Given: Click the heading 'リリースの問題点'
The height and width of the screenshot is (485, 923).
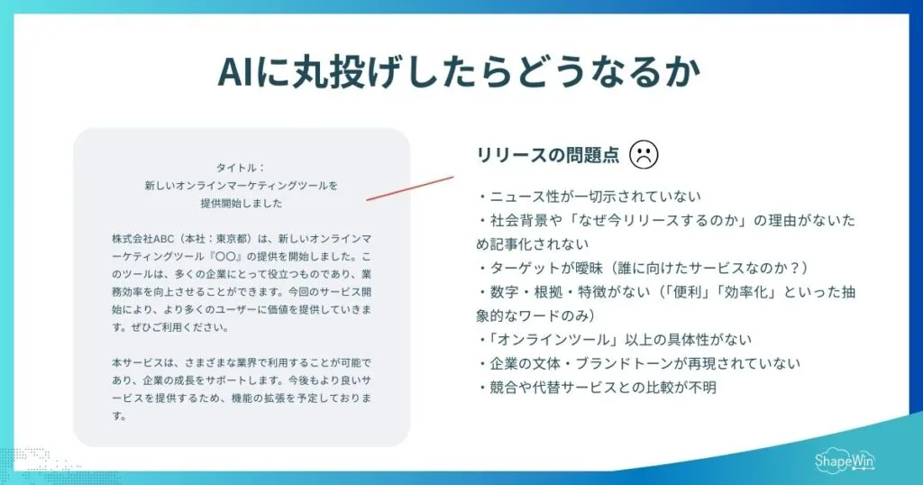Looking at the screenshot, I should tap(548, 155).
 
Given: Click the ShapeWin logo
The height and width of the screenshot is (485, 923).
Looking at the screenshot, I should tap(841, 459).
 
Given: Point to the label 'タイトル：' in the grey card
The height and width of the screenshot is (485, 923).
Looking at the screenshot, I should tap(241, 167).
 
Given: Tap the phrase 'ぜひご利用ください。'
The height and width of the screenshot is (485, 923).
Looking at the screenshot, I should tap(167, 327).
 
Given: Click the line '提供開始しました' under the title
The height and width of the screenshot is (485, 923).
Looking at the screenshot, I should tap(241, 203).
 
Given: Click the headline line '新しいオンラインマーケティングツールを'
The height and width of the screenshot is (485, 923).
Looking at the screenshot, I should tap(241, 185).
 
